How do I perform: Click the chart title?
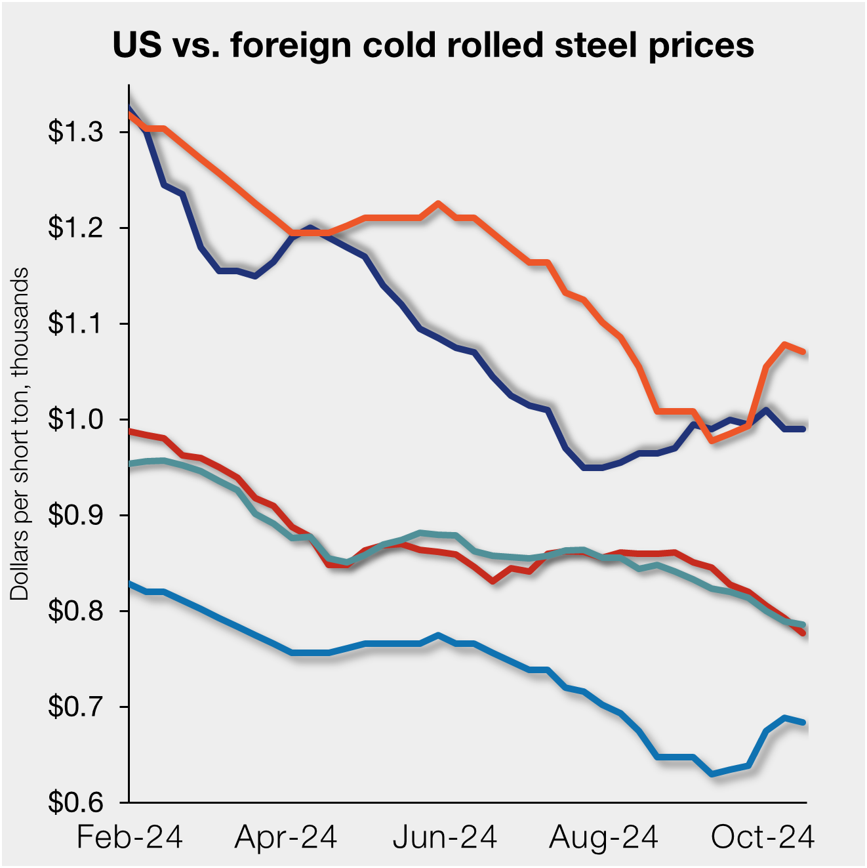[433, 45]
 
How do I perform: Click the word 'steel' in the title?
[596, 45]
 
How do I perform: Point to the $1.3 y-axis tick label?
[76, 133]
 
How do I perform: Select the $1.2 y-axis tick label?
[76, 228]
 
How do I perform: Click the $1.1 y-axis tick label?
[76, 324]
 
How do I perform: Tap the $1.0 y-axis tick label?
[76, 420]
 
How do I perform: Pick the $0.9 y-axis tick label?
[76, 516]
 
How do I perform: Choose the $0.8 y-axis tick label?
[76, 611]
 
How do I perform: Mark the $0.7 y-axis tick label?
[76, 707]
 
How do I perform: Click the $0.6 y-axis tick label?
[76, 802]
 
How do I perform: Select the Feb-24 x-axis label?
[130, 838]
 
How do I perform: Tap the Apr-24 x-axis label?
[286, 838]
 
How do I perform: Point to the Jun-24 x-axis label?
[445, 838]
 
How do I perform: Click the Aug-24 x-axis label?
[603, 838]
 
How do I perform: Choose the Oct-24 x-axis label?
[762, 838]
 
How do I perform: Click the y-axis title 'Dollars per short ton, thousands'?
[20, 433]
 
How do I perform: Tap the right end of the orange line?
[803, 352]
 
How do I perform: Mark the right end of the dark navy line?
[803, 429]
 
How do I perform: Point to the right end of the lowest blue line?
[803, 722]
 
